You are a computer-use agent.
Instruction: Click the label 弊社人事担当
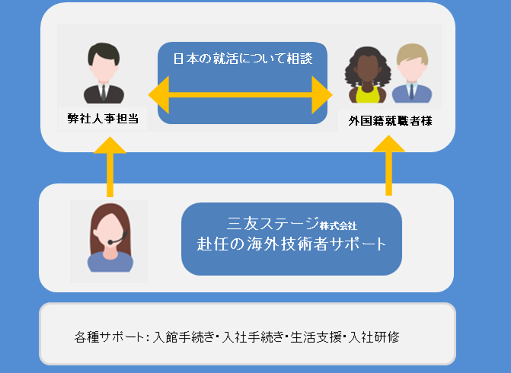103,119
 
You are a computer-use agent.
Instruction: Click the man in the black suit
103,74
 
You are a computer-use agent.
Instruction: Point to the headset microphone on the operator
112,242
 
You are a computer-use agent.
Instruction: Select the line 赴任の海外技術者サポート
292,245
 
